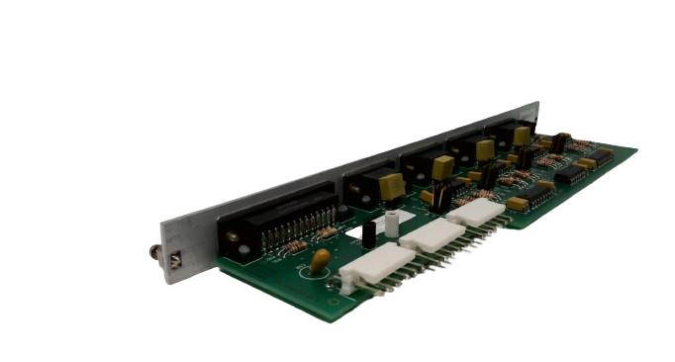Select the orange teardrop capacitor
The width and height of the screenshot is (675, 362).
pyautogui.click(x=320, y=260)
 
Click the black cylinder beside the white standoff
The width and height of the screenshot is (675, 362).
pyautogui.click(x=368, y=235)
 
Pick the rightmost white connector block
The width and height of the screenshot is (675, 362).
pyautogui.click(x=476, y=211)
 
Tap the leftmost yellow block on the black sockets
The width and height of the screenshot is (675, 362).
pyautogui.click(x=390, y=185)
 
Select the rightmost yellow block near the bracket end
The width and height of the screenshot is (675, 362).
pyautogui.click(x=522, y=135)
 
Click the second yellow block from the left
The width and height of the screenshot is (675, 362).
pyautogui.click(x=442, y=166)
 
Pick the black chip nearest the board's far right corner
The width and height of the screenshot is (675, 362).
pyautogui.click(x=601, y=155)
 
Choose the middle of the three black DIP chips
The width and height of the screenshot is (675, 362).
pyautogui.click(x=570, y=174)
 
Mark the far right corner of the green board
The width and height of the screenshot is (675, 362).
pyautogui.click(x=635, y=150)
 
